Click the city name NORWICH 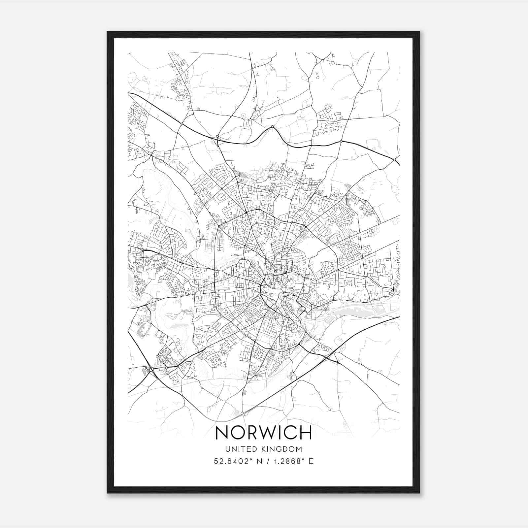click(x=263, y=433)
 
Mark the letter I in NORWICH click(x=280, y=433)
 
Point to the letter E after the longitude click(x=311, y=461)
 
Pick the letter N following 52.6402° click(x=260, y=461)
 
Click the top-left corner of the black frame click(x=108, y=32)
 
